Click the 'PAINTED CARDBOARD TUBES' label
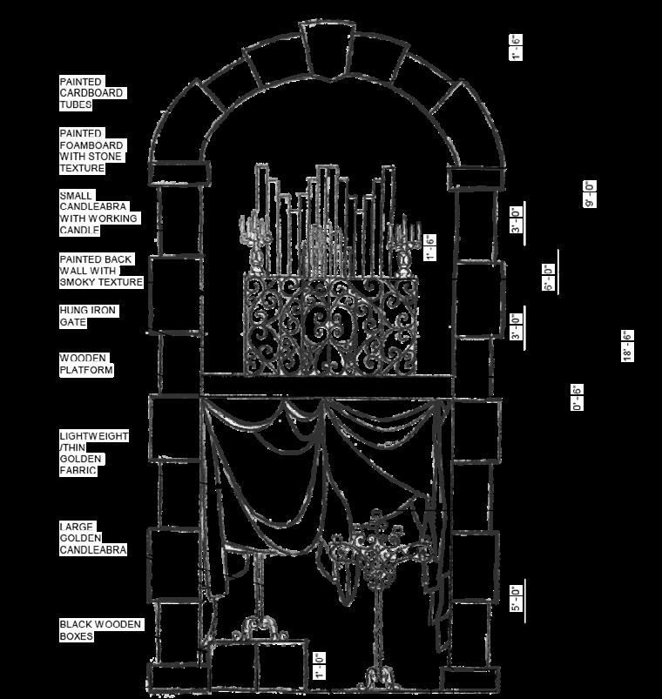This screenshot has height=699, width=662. click(91, 93)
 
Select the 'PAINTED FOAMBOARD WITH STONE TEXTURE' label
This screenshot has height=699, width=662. click(91, 151)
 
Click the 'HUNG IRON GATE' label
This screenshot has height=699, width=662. click(88, 316)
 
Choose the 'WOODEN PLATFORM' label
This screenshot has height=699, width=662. click(86, 364)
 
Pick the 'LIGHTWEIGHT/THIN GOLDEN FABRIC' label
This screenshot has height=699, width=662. click(93, 453)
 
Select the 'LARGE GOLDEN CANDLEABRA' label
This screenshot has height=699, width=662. click(92, 538)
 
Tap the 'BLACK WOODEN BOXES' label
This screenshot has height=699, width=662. click(100, 629)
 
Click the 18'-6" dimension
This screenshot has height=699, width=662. click(627, 346)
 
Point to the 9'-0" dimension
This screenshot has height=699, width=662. click(590, 193)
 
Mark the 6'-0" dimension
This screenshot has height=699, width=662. click(550, 277)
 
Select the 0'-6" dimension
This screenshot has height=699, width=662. click(578, 396)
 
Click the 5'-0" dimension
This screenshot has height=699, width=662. click(516, 599)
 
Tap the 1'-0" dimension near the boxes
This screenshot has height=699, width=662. click(320, 665)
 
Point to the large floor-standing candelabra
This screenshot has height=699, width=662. click(376, 592)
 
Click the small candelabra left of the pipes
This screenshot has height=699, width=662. click(255, 239)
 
